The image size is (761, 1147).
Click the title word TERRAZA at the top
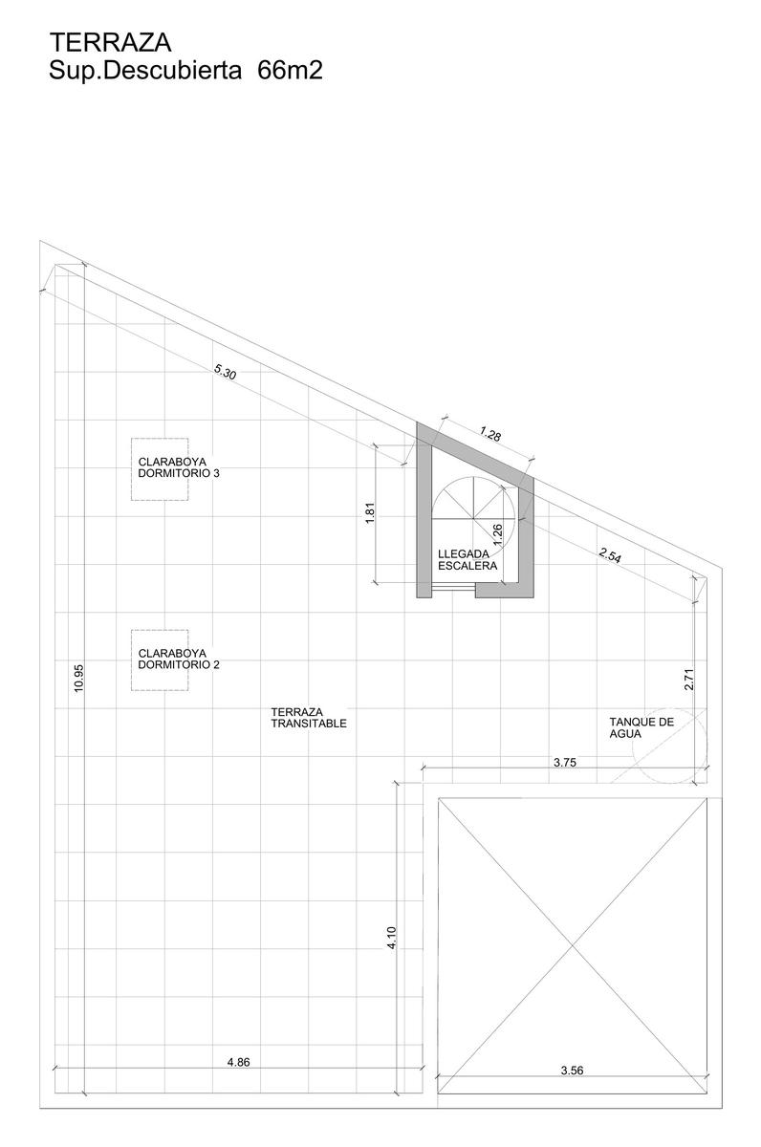pos(110,42)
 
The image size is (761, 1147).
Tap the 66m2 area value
pos(290,71)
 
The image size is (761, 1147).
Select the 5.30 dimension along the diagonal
pos(225,372)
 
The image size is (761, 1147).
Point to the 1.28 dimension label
pos(490,434)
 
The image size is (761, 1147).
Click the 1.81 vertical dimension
pos(371,512)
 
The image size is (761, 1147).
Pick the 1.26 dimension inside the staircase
pos(497,533)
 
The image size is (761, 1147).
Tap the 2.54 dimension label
pos(609,555)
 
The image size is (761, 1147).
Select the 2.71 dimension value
pos(688,679)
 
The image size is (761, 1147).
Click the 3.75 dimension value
pos(565,763)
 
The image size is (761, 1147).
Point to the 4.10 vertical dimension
pos(392,938)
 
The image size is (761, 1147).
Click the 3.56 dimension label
pos(572,1071)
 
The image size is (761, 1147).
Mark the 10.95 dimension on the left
pos(77,679)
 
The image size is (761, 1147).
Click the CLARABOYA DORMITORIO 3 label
pos(179,468)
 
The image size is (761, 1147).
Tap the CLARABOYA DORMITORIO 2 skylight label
pos(179,659)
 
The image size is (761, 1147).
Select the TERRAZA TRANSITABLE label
pos(309,718)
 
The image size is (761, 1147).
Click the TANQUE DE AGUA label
pos(641,727)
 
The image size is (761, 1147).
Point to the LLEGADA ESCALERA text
pos(467,560)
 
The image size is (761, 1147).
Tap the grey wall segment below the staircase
pos(505,591)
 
